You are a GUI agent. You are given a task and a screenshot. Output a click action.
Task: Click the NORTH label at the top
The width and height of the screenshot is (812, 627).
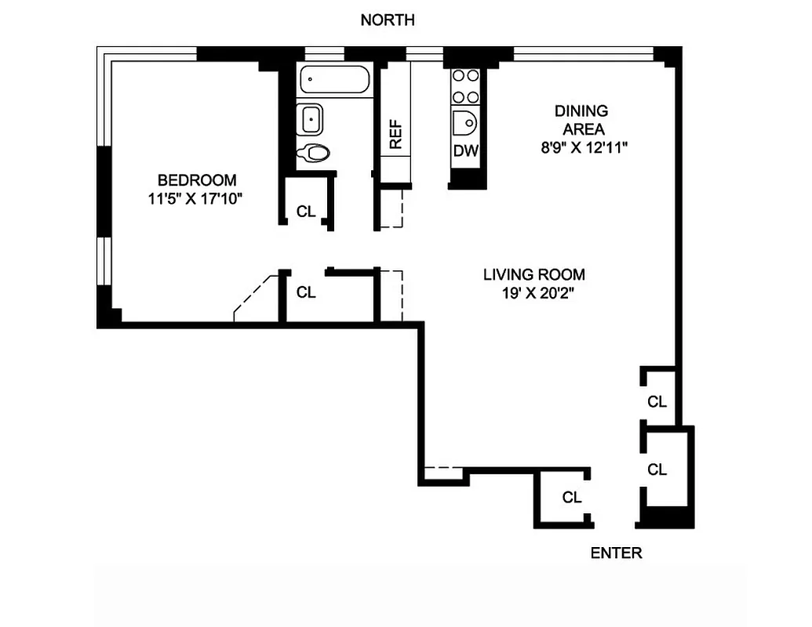click(387, 20)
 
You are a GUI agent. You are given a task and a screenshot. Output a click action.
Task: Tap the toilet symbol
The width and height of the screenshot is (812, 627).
click(315, 153)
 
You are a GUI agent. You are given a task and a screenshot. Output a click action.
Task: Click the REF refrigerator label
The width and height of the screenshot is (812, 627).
click(395, 134)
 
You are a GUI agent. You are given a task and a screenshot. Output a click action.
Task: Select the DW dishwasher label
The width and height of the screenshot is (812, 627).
click(466, 150)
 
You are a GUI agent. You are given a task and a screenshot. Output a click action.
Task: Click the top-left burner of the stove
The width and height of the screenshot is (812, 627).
click(459, 77)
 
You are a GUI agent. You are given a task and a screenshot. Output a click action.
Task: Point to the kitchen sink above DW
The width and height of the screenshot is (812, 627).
click(466, 124)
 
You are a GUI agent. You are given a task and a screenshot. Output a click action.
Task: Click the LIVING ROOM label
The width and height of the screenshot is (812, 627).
click(533, 274)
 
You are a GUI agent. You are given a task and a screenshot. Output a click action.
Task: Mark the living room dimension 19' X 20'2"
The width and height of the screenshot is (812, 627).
click(533, 295)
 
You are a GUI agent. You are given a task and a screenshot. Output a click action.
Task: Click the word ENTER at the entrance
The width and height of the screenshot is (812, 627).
click(616, 553)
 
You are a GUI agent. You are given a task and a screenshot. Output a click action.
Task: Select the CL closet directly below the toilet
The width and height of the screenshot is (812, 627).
click(306, 211)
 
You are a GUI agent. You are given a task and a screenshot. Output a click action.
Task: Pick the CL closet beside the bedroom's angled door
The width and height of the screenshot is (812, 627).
click(306, 292)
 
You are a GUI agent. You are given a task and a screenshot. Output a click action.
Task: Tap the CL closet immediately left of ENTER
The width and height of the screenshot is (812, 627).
click(572, 497)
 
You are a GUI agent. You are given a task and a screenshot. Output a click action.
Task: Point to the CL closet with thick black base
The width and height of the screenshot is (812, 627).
click(657, 469)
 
